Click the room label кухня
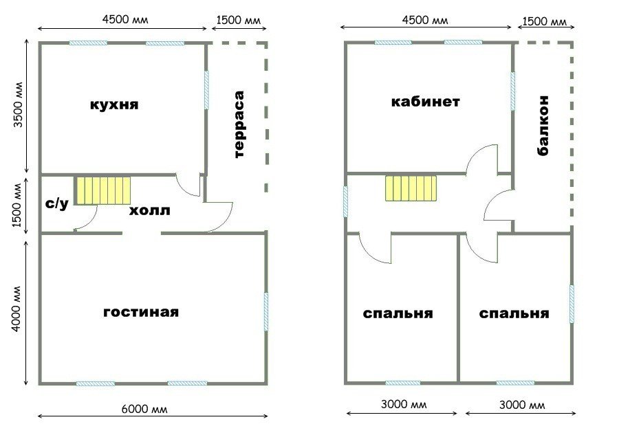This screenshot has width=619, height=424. (x=114, y=105)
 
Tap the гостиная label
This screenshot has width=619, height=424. (x=141, y=312)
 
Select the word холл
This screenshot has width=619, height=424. (x=150, y=210)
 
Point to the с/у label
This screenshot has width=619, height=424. (x=57, y=203)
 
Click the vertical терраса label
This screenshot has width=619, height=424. (x=239, y=124)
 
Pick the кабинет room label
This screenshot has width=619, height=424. (x=426, y=102)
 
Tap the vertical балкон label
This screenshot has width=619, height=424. (x=543, y=126)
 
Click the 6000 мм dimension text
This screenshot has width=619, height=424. (x=144, y=409)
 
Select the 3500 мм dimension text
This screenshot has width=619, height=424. (x=18, y=104)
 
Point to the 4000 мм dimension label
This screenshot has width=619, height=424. (x=16, y=309)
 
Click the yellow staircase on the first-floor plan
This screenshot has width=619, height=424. (x=103, y=190)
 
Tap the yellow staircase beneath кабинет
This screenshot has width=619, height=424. (x=411, y=188)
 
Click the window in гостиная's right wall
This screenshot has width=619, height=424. (x=266, y=311)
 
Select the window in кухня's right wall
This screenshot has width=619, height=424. (x=206, y=90)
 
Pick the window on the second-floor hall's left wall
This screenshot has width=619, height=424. (x=345, y=201)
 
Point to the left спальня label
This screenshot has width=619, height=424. (x=398, y=314)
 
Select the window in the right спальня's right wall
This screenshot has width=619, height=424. (x=572, y=304)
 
